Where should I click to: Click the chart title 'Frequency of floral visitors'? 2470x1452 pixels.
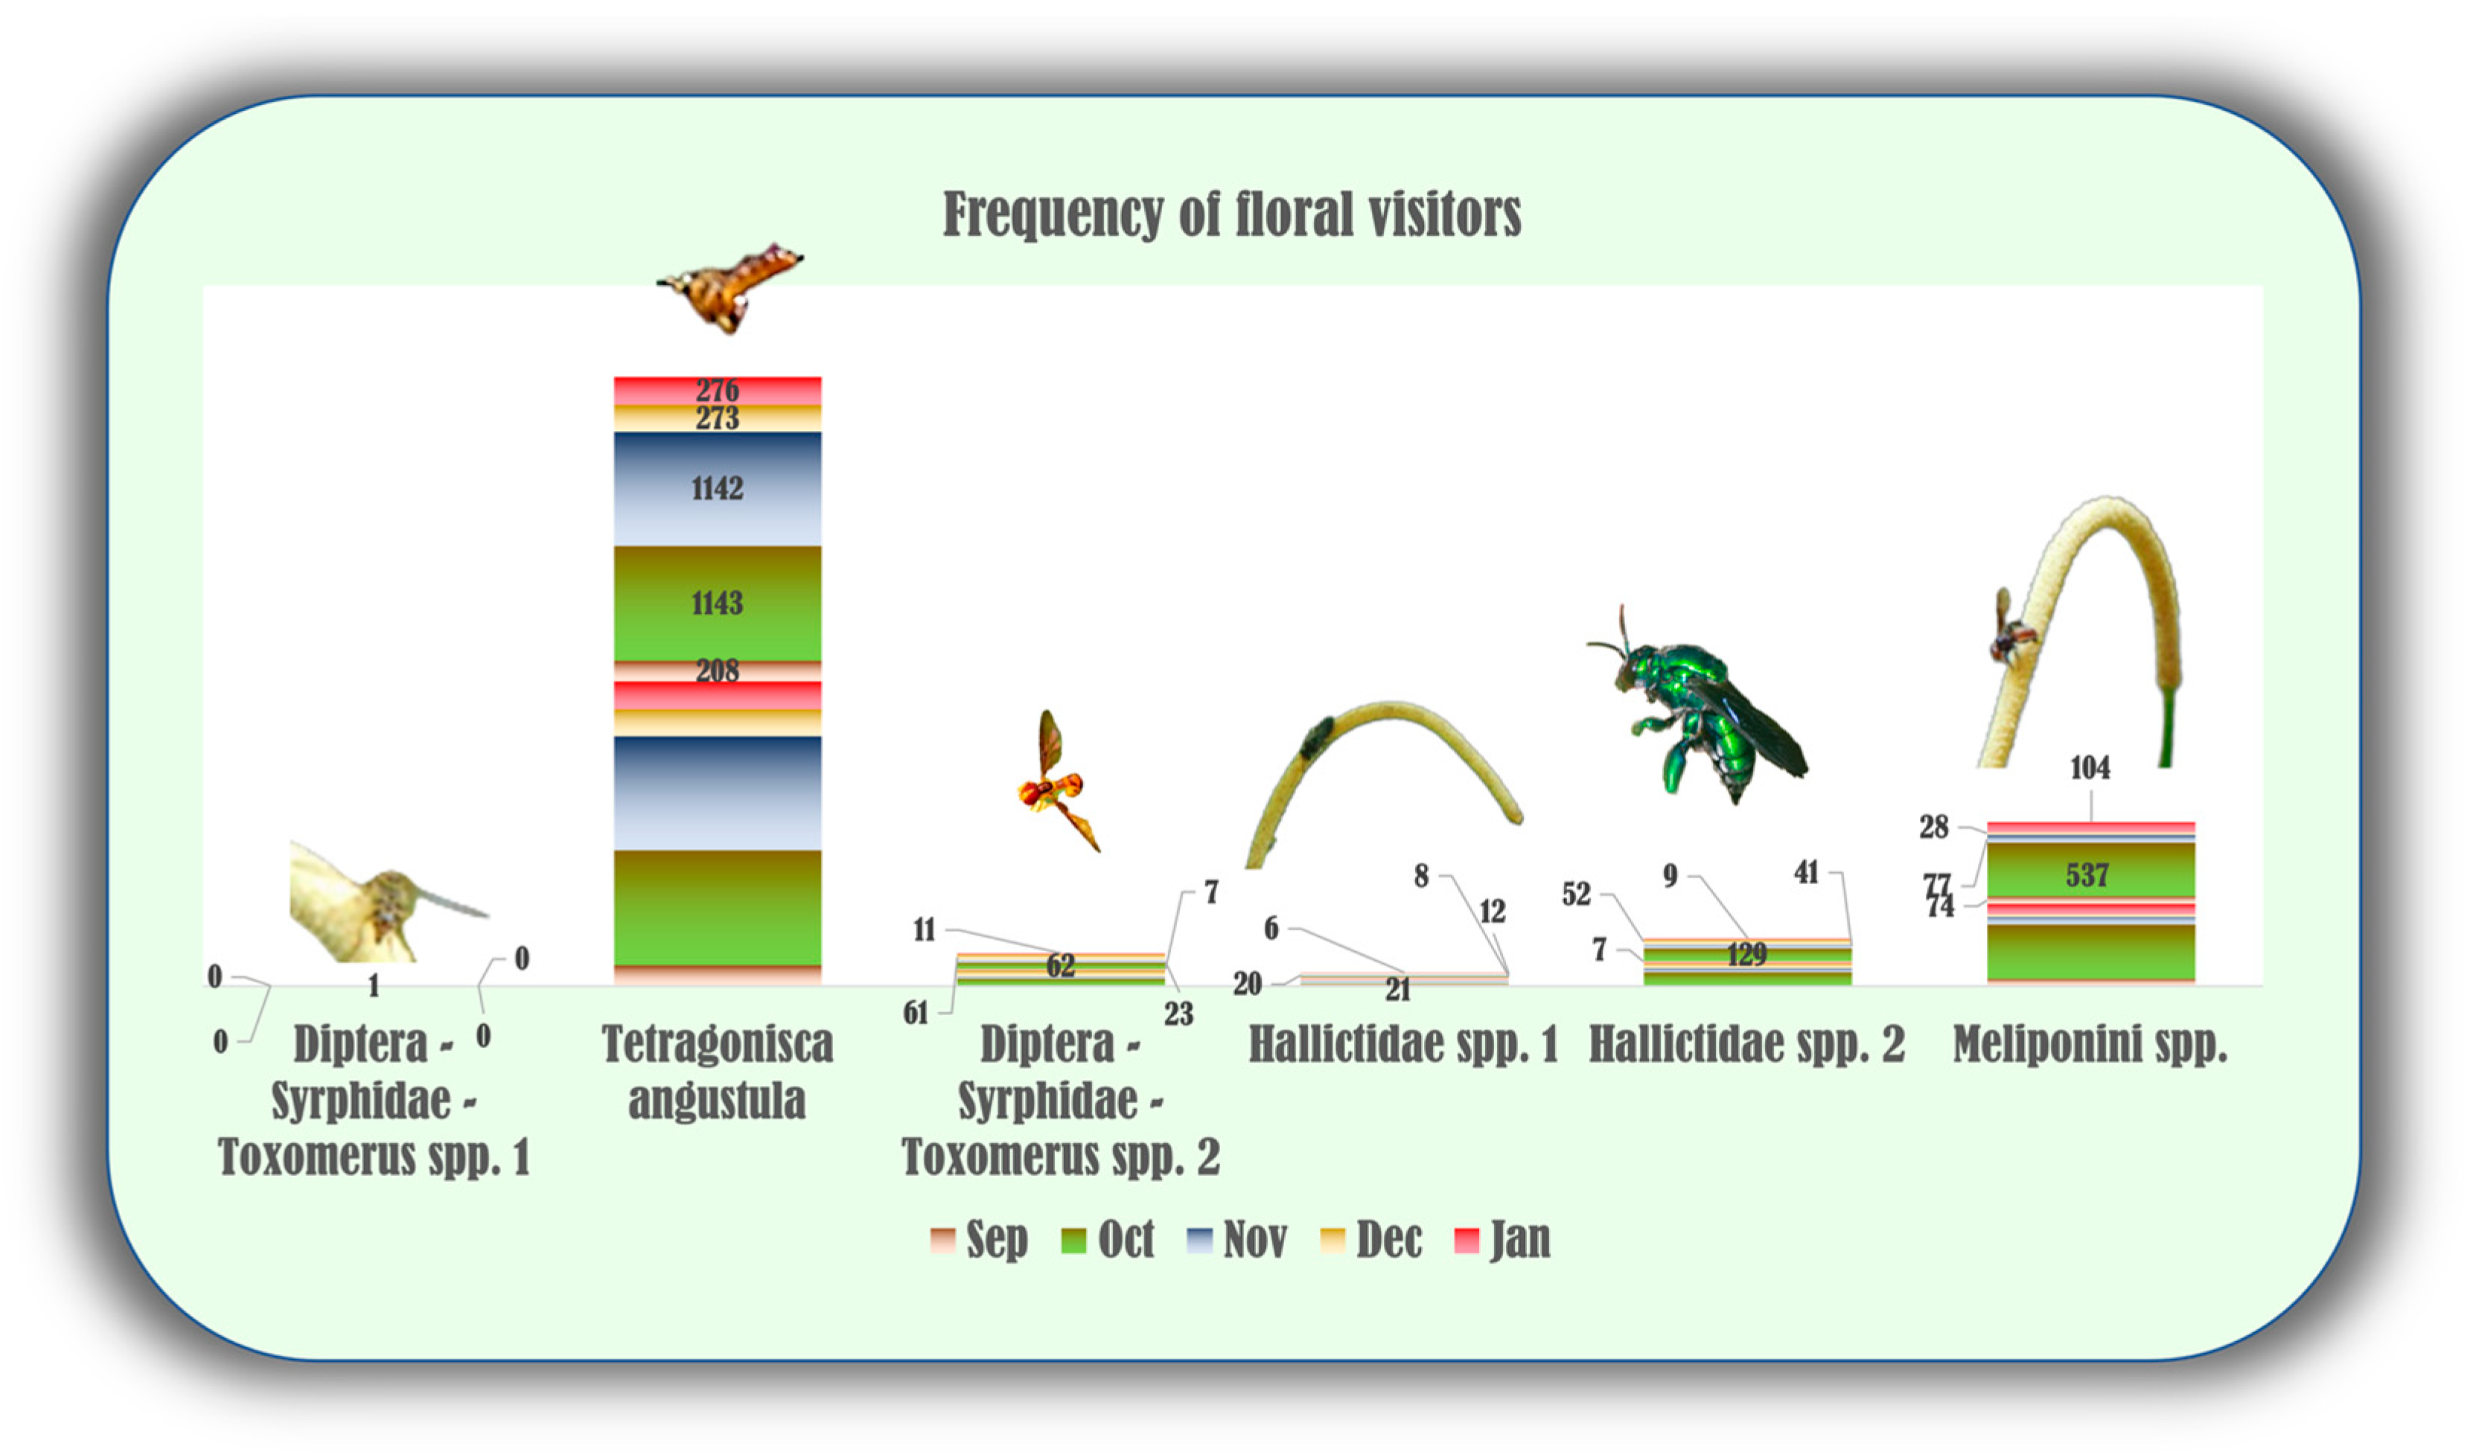pyautogui.click(x=1231, y=214)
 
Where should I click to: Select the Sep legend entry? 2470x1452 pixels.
pyautogui.click(x=979, y=1239)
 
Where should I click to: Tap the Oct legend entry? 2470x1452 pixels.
pyautogui.click(x=1108, y=1239)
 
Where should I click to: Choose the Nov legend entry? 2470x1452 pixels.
pyautogui.click(x=1237, y=1239)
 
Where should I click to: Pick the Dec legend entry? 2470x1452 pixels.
pyautogui.click(x=1371, y=1239)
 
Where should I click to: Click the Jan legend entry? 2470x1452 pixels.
pyautogui.click(x=1502, y=1239)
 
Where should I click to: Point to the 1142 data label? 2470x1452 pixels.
pyautogui.click(x=718, y=488)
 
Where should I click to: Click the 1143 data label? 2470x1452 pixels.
pyautogui.click(x=718, y=603)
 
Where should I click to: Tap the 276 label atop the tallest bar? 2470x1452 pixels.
pyautogui.click(x=718, y=390)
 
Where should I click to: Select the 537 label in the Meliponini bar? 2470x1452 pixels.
pyautogui.click(x=2087, y=875)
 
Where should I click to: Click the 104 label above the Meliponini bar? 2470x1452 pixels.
pyautogui.click(x=2090, y=767)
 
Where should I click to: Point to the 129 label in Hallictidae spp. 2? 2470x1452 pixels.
pyautogui.click(x=1746, y=954)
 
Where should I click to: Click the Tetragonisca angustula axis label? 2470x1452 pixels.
pyautogui.click(x=718, y=1072)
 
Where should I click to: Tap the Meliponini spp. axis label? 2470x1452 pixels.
pyautogui.click(x=2090, y=1044)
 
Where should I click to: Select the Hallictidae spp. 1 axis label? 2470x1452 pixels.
pyautogui.click(x=1402, y=1044)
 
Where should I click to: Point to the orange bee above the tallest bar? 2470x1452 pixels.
pyautogui.click(x=730, y=288)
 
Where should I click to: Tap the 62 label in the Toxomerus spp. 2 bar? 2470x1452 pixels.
pyautogui.click(x=1061, y=965)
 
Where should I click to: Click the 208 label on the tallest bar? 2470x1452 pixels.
pyautogui.click(x=718, y=670)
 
